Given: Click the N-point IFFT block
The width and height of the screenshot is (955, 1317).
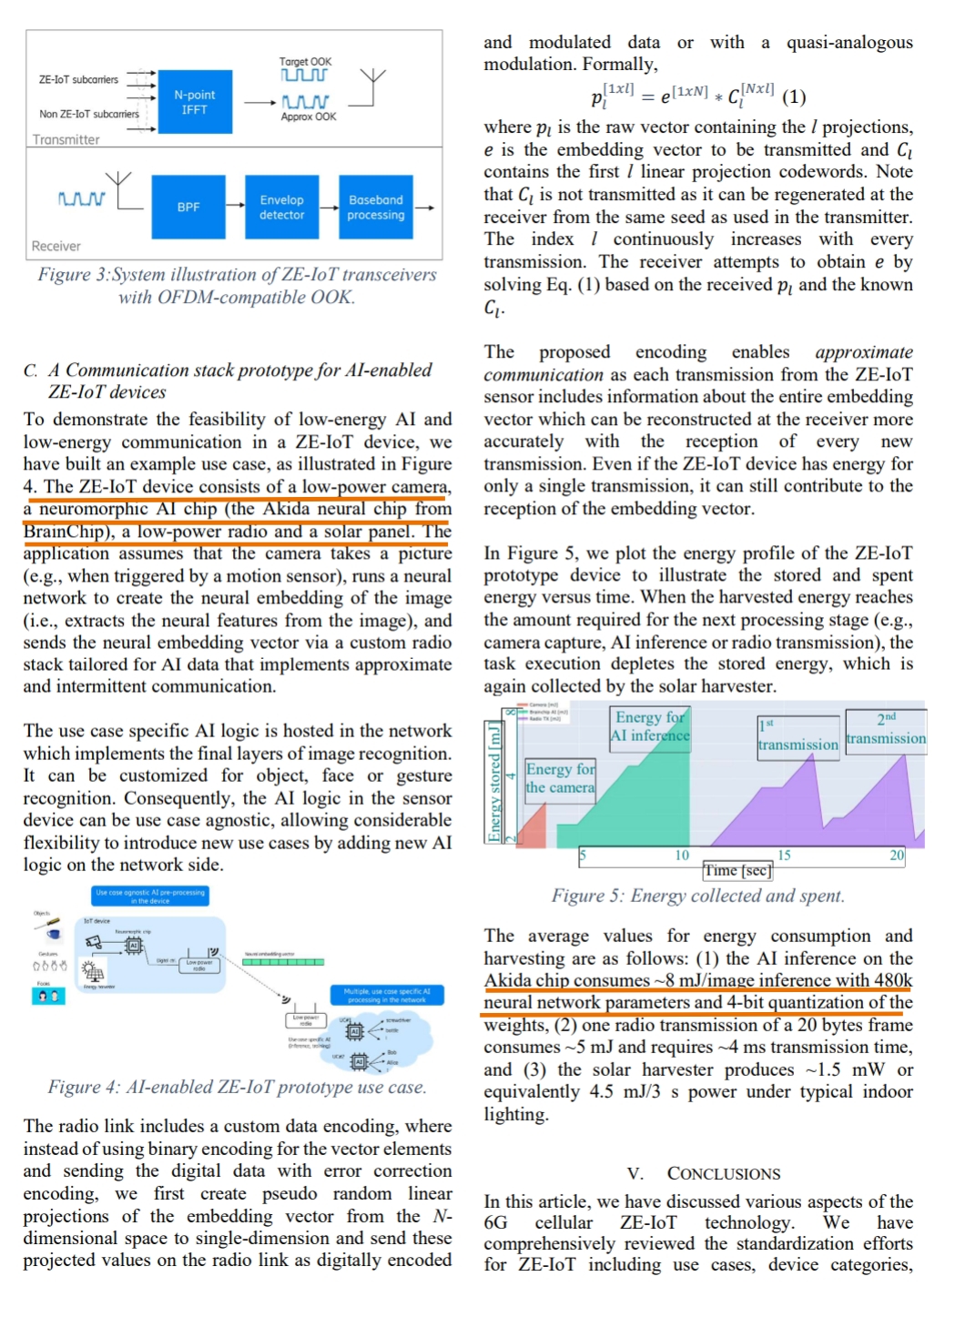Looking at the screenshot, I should pos(194,102).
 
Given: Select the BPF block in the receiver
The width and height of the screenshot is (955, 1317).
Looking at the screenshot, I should pos(188,208).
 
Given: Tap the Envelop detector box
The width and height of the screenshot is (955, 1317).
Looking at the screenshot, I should pos(281,208).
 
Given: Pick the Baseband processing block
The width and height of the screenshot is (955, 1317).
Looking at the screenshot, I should pos(375,208).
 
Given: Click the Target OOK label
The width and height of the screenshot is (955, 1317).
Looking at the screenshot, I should pos(305,62).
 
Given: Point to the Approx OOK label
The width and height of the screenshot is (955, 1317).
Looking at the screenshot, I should pos(308,117).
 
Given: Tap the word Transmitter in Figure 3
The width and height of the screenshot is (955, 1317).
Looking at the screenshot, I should pos(66,139).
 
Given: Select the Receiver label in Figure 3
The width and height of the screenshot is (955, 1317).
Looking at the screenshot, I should pos(56,246).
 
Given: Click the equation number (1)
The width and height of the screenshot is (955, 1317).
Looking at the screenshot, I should pos(794,96).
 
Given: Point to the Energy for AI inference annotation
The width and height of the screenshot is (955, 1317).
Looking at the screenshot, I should pos(650,726).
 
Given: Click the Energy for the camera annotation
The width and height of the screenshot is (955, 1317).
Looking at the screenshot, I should pos(560,778).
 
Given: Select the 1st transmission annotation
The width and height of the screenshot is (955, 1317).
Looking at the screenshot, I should pos(798,736).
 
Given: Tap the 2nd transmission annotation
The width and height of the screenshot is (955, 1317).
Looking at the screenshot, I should pos(886,729).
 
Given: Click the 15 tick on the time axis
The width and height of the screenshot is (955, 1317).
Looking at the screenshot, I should pos(784,856).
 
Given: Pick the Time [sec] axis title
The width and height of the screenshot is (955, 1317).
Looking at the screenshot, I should pos(737,870).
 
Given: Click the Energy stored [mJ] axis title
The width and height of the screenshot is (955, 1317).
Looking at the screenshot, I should pos(494,781).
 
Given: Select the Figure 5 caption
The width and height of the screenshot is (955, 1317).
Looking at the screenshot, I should pos(697,896).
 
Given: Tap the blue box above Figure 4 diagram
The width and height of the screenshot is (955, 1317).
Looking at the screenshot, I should pos(150,897).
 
